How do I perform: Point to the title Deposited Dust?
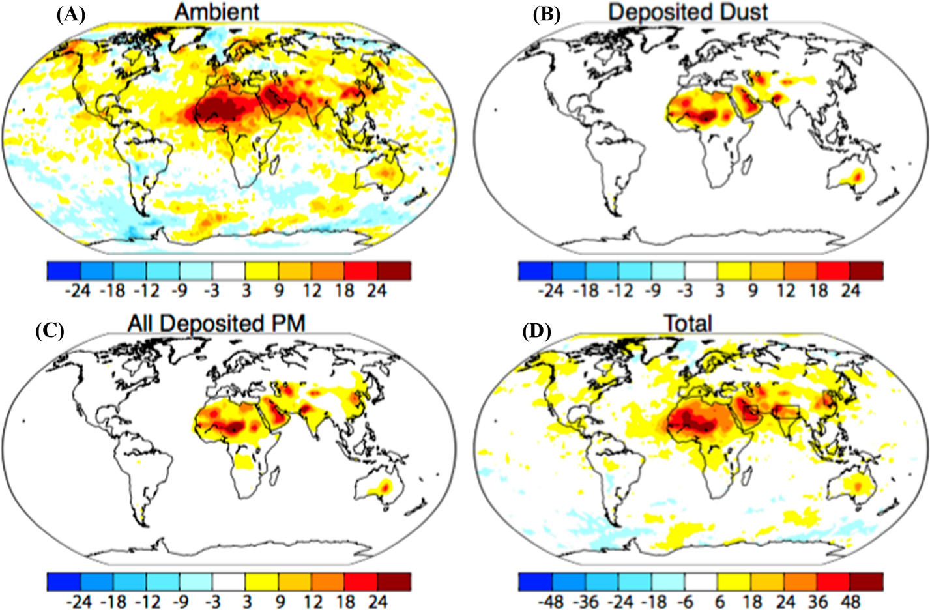click(x=688, y=11)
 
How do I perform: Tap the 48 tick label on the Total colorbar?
click(x=850, y=601)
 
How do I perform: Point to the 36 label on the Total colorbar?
click(x=817, y=601)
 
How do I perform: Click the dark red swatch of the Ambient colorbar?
click(x=394, y=270)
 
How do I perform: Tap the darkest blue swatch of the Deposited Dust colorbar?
click(x=535, y=270)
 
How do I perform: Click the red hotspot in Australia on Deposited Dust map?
click(x=858, y=175)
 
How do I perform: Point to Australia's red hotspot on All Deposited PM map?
click(x=386, y=486)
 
